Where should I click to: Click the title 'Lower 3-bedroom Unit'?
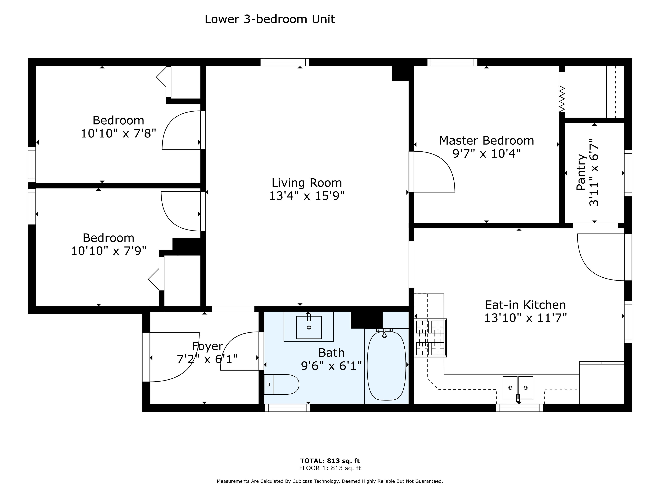[x=270, y=19]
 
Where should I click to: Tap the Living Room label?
[x=307, y=183]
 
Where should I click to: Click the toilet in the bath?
[x=281, y=384]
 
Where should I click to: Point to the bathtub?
[x=386, y=366]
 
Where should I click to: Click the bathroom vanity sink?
[x=309, y=327]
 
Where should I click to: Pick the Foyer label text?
[x=207, y=346]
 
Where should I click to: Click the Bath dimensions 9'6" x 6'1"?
[x=332, y=366]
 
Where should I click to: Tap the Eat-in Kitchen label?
[x=525, y=305]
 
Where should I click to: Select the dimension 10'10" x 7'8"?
[x=118, y=133]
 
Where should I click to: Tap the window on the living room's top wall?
[x=285, y=62]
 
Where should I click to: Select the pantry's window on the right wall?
[x=628, y=173]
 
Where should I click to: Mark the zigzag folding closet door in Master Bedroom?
[x=562, y=99]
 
